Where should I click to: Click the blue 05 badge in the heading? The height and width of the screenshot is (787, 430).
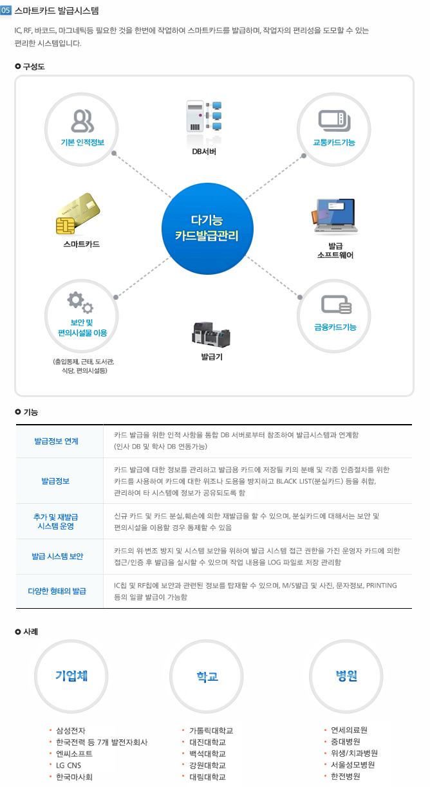tap(6, 10)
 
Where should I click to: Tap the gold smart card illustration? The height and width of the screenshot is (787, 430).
tap(78, 214)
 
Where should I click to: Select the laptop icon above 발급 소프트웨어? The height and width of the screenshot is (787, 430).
tap(335, 216)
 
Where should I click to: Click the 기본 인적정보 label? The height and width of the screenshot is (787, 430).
tap(82, 142)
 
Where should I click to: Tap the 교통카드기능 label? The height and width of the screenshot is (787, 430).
tap(334, 142)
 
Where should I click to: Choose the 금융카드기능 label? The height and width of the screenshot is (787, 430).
tap(335, 327)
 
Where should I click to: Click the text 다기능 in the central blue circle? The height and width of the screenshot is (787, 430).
tap(207, 220)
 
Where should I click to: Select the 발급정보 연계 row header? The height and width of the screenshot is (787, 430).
tap(56, 441)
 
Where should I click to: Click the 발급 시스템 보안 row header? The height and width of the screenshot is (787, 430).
tap(57, 556)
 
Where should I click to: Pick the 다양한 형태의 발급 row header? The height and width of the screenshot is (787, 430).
tap(57, 591)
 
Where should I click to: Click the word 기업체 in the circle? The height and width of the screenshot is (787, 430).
tap(71, 676)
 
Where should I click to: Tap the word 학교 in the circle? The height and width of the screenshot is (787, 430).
tap(207, 676)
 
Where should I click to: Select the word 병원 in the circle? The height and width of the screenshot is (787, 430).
tap(346, 676)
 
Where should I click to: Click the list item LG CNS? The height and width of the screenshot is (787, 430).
tap(69, 765)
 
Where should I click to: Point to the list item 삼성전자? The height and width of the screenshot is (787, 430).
tap(71, 731)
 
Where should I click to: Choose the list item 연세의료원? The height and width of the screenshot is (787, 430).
tap(349, 730)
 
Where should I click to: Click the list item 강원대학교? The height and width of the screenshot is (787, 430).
tap(208, 765)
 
